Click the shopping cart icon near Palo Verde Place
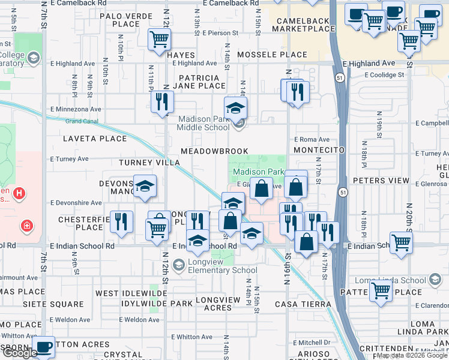159,39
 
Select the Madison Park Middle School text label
203,123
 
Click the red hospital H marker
19,193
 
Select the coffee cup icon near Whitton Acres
43,346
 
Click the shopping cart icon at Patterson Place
381,291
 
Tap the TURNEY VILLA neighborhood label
149,163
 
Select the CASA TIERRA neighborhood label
303,304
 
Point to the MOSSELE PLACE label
273,55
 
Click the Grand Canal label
82,121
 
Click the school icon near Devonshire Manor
145,187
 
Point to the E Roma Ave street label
312,139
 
